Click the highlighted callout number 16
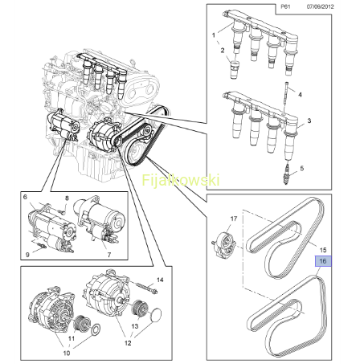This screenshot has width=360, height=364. [323, 261]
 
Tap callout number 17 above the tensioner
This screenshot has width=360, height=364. [234, 219]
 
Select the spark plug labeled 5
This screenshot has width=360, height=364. [288, 175]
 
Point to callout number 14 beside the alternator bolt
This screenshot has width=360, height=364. [160, 280]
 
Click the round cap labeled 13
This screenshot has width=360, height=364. [155, 316]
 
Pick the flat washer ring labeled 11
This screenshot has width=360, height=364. [96, 330]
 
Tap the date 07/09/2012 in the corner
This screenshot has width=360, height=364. [320, 6]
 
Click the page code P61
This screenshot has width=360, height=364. [285, 6]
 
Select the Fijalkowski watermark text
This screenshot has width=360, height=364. [181, 180]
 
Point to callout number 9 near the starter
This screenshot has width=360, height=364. [27, 254]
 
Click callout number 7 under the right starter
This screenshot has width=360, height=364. [108, 255]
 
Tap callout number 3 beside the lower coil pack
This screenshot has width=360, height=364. [309, 121]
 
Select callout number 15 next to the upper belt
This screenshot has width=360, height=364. [323, 250]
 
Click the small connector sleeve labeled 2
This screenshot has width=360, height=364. [235, 70]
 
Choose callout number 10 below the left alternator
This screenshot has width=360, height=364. [66, 353]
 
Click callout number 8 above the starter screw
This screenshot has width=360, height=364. [67, 198]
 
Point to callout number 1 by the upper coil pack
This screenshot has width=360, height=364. [214, 35]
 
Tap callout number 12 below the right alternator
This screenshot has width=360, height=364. [128, 343]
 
